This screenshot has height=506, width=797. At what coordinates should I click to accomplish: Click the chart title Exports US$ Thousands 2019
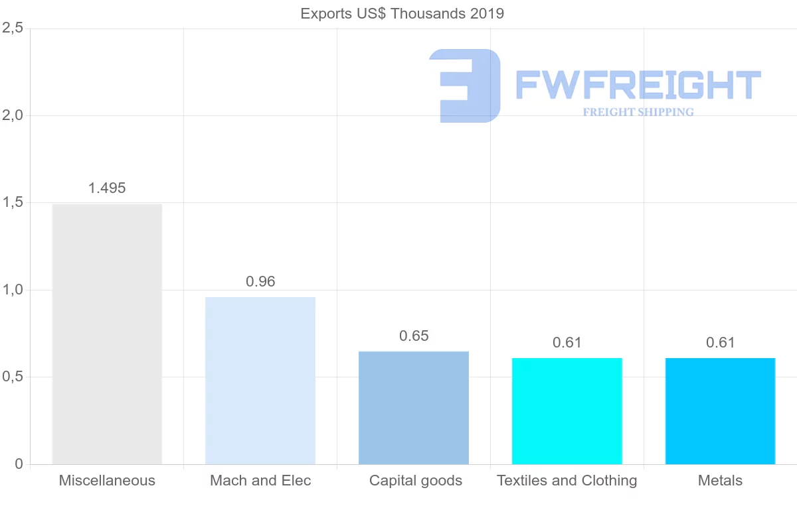[x=402, y=13]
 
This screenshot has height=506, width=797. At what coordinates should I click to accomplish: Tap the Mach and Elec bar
[x=260, y=381]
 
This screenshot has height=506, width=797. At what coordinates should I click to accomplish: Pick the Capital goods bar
[x=414, y=407]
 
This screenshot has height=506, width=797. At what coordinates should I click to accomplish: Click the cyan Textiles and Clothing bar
[x=567, y=411]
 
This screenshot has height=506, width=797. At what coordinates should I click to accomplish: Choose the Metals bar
[x=721, y=411]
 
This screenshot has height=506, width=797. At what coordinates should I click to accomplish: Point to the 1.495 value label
[x=107, y=188]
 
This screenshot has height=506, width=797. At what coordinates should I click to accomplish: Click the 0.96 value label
[x=260, y=282]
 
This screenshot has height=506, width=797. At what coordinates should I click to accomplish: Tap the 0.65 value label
[x=414, y=336]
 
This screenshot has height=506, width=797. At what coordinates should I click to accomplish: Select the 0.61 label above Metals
[x=721, y=343]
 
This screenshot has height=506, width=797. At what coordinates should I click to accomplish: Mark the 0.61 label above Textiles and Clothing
[x=567, y=343]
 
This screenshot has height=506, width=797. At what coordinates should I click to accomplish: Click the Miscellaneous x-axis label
[x=107, y=481]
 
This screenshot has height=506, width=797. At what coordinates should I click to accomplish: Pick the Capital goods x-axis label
[x=416, y=481]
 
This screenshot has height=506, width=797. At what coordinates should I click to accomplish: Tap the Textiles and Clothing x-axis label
[x=567, y=481]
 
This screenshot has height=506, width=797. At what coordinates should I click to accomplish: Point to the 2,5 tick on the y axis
[x=13, y=29]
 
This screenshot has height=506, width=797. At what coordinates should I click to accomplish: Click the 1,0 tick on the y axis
[x=13, y=290]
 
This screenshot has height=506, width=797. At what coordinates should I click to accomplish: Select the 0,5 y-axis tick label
[x=13, y=377]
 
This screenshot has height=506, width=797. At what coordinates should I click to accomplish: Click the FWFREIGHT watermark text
[x=638, y=85]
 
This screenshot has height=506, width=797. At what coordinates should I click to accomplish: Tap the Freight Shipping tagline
[x=638, y=112]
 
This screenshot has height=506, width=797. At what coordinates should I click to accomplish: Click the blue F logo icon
[x=465, y=86]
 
